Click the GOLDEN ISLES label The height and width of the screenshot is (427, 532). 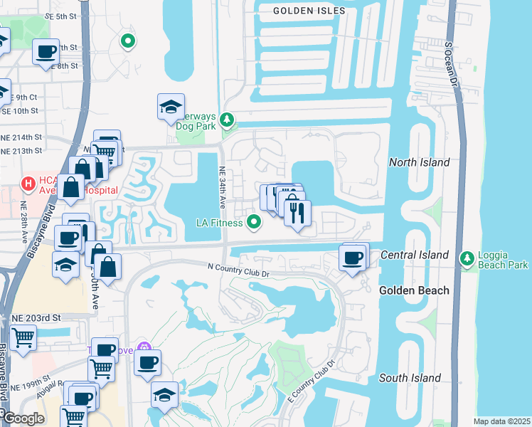[x=309, y=11]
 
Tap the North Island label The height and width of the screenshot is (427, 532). [x=419, y=162]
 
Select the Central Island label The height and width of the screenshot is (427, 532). [x=415, y=255]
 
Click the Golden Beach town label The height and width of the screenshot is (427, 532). [x=414, y=290]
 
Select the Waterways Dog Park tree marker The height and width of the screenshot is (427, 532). [x=227, y=120]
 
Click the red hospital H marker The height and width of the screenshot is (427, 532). [x=28, y=184]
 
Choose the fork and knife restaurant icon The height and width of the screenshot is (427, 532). [x=297, y=211]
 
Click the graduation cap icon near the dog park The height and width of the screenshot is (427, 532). [x=171, y=107]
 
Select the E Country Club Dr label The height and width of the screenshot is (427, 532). [x=311, y=387]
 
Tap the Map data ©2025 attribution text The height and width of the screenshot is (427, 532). [x=501, y=421]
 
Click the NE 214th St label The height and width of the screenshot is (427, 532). [x=21, y=136]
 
